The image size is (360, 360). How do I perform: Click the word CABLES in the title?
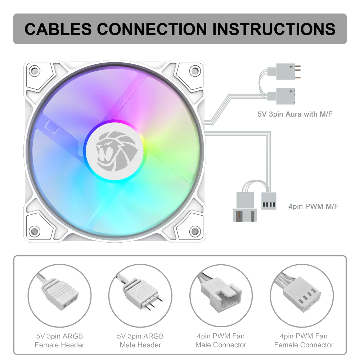pos(58,29)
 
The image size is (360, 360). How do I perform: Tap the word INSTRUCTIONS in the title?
pos(274,29)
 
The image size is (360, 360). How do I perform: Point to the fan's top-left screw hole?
pos(35,71)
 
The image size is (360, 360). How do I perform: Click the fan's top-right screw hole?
pos(195,71)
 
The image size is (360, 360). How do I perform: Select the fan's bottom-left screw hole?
pos(35,231)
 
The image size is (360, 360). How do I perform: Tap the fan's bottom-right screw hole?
pos(195,231)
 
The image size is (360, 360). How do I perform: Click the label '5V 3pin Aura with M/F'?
pos(295,114)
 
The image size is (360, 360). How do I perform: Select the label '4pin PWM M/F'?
pos(314,206)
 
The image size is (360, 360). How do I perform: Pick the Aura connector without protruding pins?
pos(282,96)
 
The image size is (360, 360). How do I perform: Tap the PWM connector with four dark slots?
pos(269,201)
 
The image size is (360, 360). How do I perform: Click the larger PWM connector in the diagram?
pos(245,207)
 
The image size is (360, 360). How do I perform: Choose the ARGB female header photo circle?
pos(60,296)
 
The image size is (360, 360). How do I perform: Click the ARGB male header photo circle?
pos(140,296)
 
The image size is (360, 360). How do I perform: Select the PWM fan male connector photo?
pos(221,296)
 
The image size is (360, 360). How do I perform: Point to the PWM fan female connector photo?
pos(302,296)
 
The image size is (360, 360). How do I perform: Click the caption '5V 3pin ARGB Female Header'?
pos(60,341)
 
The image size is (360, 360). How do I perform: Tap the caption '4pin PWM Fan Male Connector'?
pos(221,341)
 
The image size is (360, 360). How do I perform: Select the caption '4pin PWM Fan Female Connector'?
pos(304,341)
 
